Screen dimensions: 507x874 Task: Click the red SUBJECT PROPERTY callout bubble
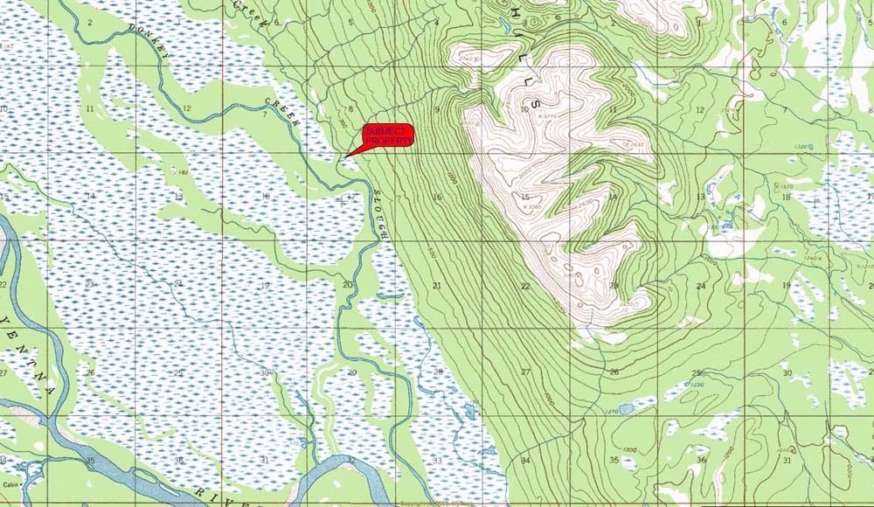pyautogui.click(x=387, y=136)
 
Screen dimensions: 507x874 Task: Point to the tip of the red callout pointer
pyautogui.click(x=346, y=156)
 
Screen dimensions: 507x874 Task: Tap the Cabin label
pyautogui.click(x=10, y=484)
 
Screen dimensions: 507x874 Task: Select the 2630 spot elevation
pyautogui.click(x=636, y=144)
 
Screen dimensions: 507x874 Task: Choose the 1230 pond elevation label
pyautogui.click(x=697, y=385)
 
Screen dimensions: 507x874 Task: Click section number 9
pyautogui.click(x=438, y=109)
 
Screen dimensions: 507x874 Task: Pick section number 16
pyautogui.click(x=438, y=198)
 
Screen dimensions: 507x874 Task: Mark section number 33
pyautogui.click(x=437, y=461)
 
